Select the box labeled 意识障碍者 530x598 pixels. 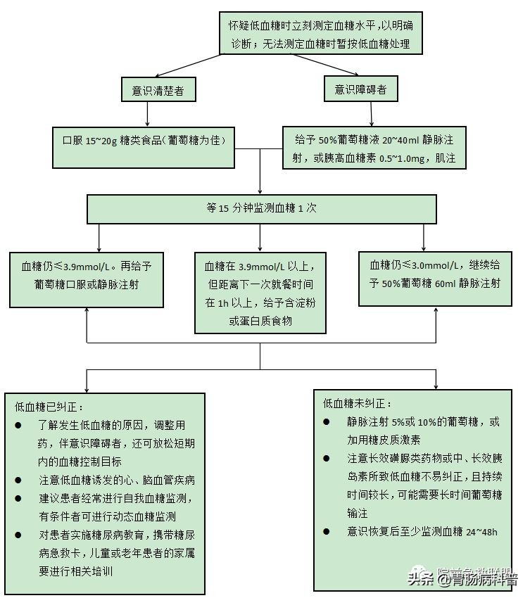tap(360, 90)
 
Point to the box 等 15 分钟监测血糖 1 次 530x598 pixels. tap(261, 208)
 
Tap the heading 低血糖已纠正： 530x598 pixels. tap(49, 407)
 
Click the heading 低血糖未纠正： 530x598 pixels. tap(357, 404)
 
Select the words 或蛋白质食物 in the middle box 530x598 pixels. tap(260, 320)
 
